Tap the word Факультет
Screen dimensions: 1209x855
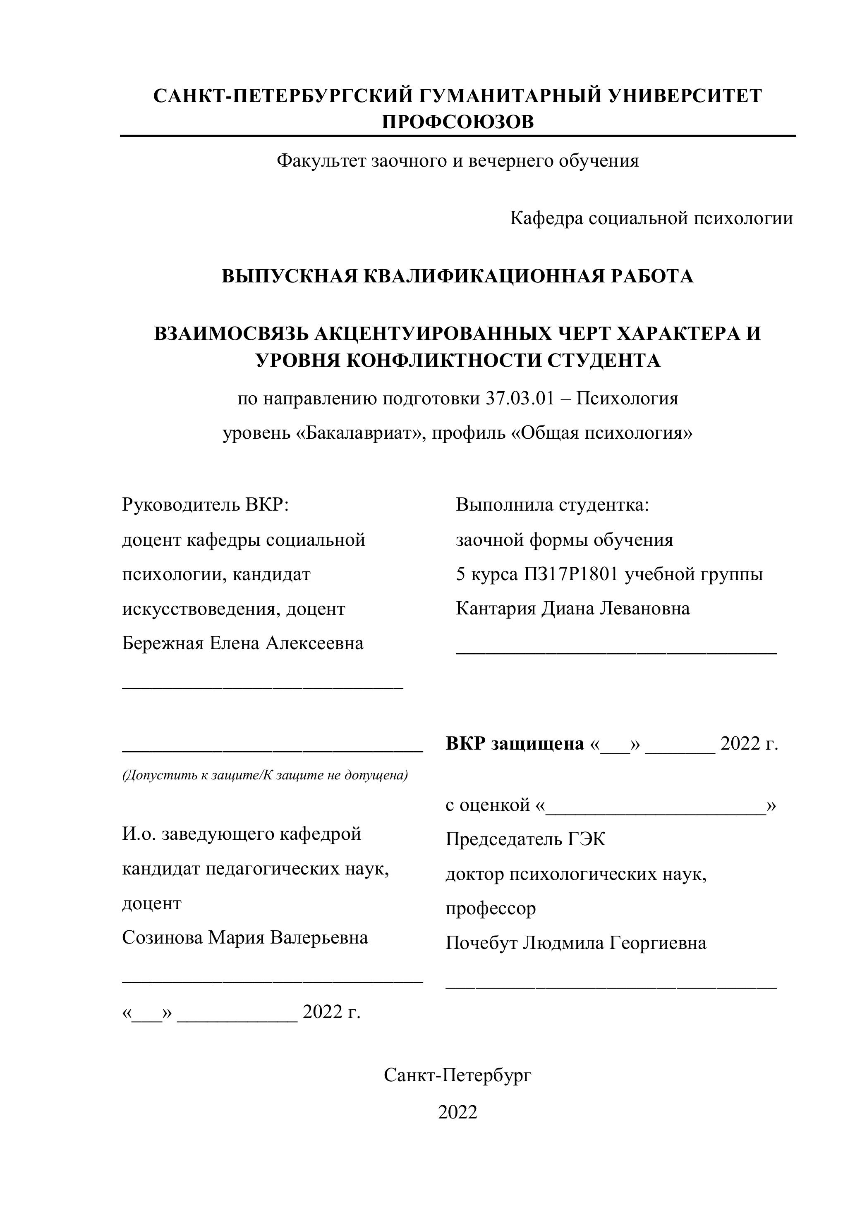[x=321, y=160]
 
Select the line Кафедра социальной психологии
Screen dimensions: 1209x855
[x=651, y=218]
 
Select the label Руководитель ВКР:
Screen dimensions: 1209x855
[x=206, y=504]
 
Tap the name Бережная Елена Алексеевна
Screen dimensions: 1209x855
[x=243, y=643]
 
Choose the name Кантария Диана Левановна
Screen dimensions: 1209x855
[x=572, y=609]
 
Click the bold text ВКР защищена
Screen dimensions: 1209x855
[x=515, y=743]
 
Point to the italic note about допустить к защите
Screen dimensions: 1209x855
[x=265, y=775]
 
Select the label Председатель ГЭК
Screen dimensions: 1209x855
[x=525, y=839]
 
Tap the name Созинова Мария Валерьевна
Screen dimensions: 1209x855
[x=245, y=937]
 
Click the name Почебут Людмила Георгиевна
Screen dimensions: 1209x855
[x=576, y=943]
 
